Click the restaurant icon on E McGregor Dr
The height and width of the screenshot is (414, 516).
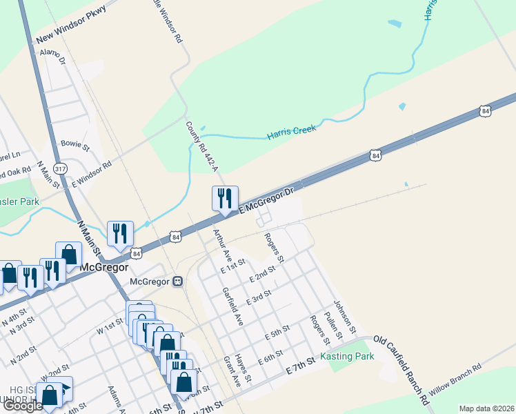(x=224, y=198)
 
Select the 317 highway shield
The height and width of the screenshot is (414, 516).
(x=61, y=168)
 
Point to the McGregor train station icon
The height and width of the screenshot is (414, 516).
(x=177, y=281)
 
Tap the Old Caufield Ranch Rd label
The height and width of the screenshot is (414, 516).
(x=401, y=369)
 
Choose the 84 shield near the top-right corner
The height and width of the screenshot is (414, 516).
(x=486, y=110)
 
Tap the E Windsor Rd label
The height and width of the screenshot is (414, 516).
(x=92, y=175)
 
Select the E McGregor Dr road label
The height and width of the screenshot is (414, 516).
(x=266, y=199)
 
